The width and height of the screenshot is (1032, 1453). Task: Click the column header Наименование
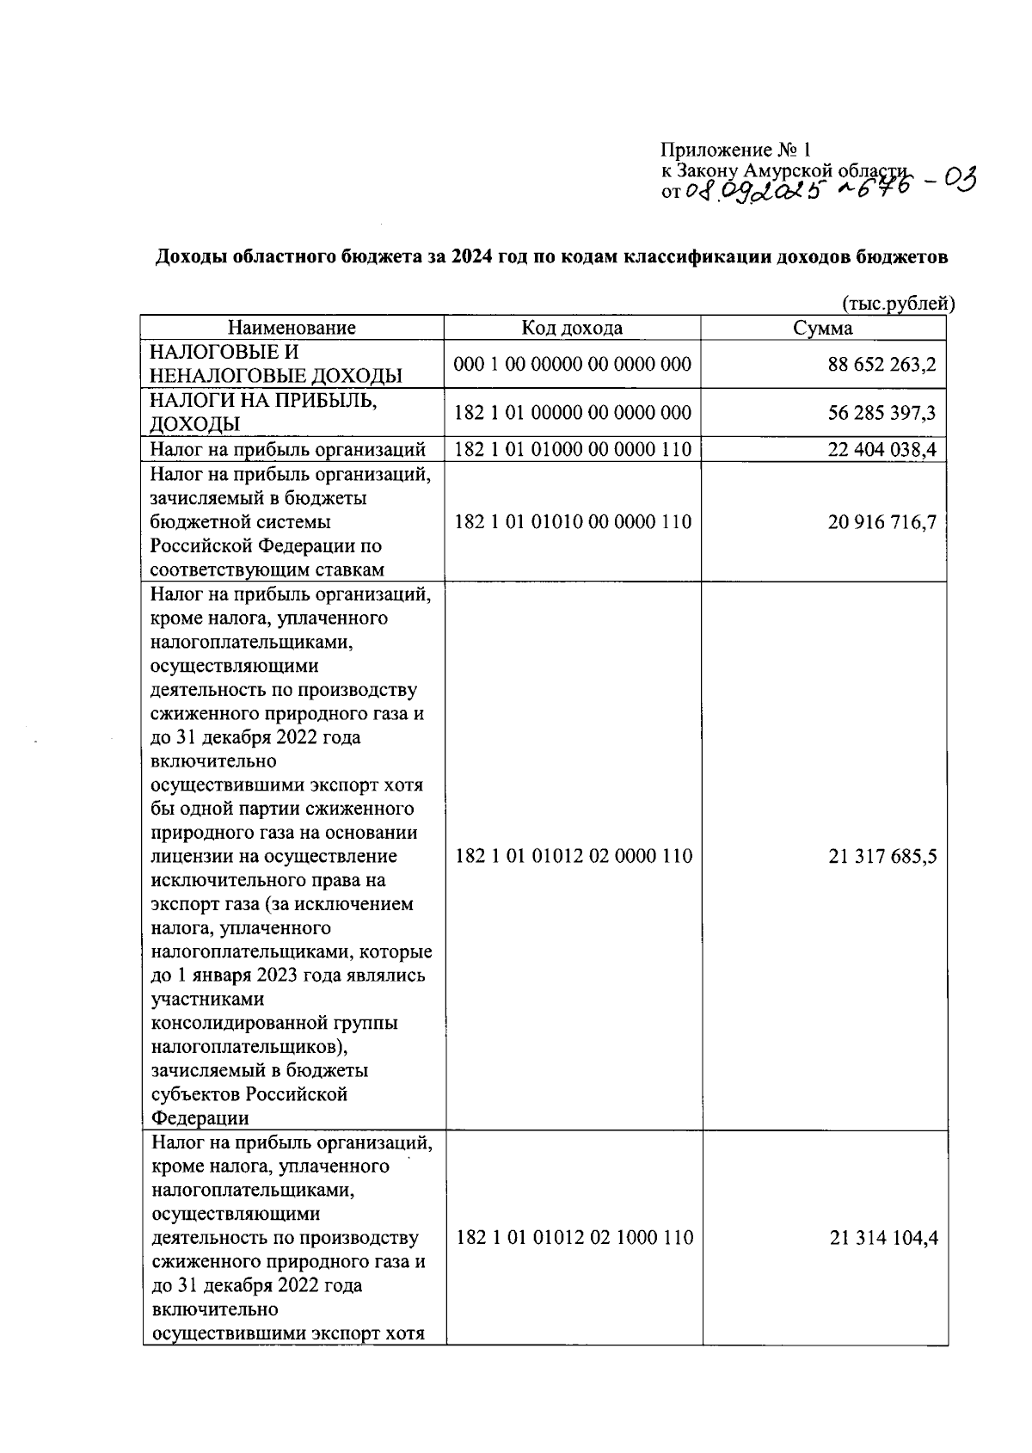(x=292, y=328)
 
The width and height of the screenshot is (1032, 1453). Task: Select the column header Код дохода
(x=572, y=328)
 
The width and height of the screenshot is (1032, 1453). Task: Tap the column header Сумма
(x=823, y=328)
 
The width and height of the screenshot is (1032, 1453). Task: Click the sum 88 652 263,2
(x=881, y=364)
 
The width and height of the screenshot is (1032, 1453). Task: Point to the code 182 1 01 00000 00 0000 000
(x=572, y=412)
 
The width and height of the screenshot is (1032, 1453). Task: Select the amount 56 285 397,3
(x=881, y=413)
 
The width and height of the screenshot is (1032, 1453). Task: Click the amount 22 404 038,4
(x=881, y=449)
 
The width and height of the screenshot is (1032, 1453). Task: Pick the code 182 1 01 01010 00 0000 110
(x=572, y=522)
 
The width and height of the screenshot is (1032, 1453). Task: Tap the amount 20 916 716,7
(x=881, y=522)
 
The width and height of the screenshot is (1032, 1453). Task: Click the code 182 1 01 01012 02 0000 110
(x=573, y=856)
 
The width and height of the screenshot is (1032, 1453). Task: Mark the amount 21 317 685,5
(x=882, y=856)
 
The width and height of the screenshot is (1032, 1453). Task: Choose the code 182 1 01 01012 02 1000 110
(x=574, y=1238)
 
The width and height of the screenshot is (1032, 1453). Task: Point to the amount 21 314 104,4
(x=883, y=1238)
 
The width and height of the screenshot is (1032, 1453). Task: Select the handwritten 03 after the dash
(x=960, y=182)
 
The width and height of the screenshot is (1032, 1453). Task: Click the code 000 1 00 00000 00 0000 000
(x=572, y=364)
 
